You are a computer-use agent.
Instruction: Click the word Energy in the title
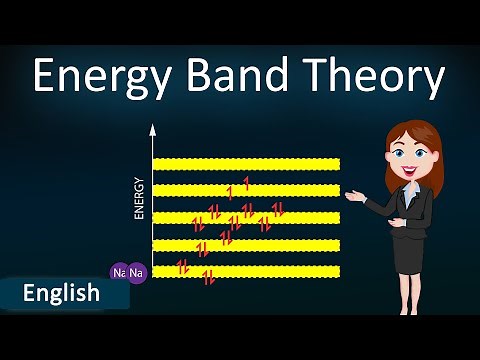[104, 77]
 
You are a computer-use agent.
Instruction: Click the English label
[61, 293]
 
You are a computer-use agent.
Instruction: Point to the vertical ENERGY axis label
[139, 198]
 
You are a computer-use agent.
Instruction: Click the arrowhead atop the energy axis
[153, 130]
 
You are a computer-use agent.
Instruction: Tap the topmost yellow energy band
[245, 163]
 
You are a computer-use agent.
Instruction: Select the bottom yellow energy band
[245, 271]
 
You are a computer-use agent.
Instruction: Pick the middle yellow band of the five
[245, 217]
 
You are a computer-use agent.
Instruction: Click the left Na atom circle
[119, 272]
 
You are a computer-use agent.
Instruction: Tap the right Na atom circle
[137, 272]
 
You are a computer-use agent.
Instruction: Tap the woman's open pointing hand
[355, 187]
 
